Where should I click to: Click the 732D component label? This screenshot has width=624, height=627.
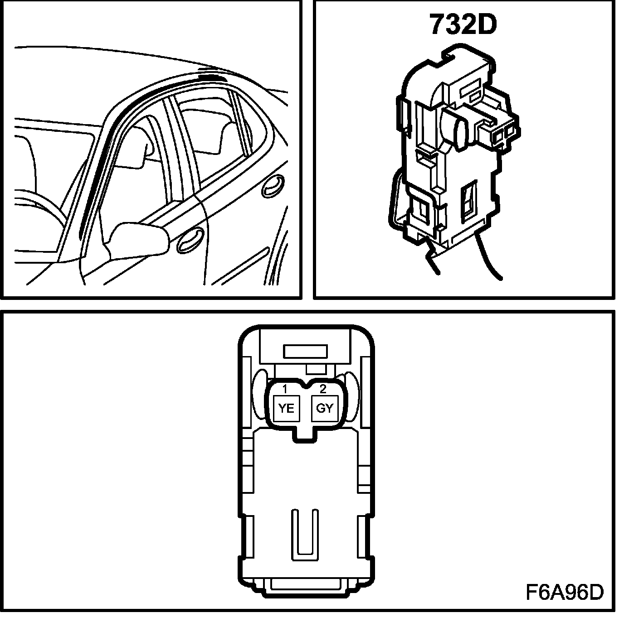click(463, 25)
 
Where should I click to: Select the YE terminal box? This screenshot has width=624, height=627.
click(286, 408)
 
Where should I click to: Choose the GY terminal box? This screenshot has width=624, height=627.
click(324, 408)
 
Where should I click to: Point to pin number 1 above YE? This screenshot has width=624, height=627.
click(285, 389)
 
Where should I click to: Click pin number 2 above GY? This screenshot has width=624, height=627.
click(323, 389)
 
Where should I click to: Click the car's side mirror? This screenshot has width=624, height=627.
click(138, 238)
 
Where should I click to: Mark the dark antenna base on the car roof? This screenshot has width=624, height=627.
click(213, 75)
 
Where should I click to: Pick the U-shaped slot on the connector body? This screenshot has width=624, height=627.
click(305, 532)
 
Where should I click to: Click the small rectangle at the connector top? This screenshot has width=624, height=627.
click(305, 352)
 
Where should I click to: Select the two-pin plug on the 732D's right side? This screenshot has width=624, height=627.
click(499, 131)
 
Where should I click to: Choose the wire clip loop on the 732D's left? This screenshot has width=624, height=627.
click(394, 199)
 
